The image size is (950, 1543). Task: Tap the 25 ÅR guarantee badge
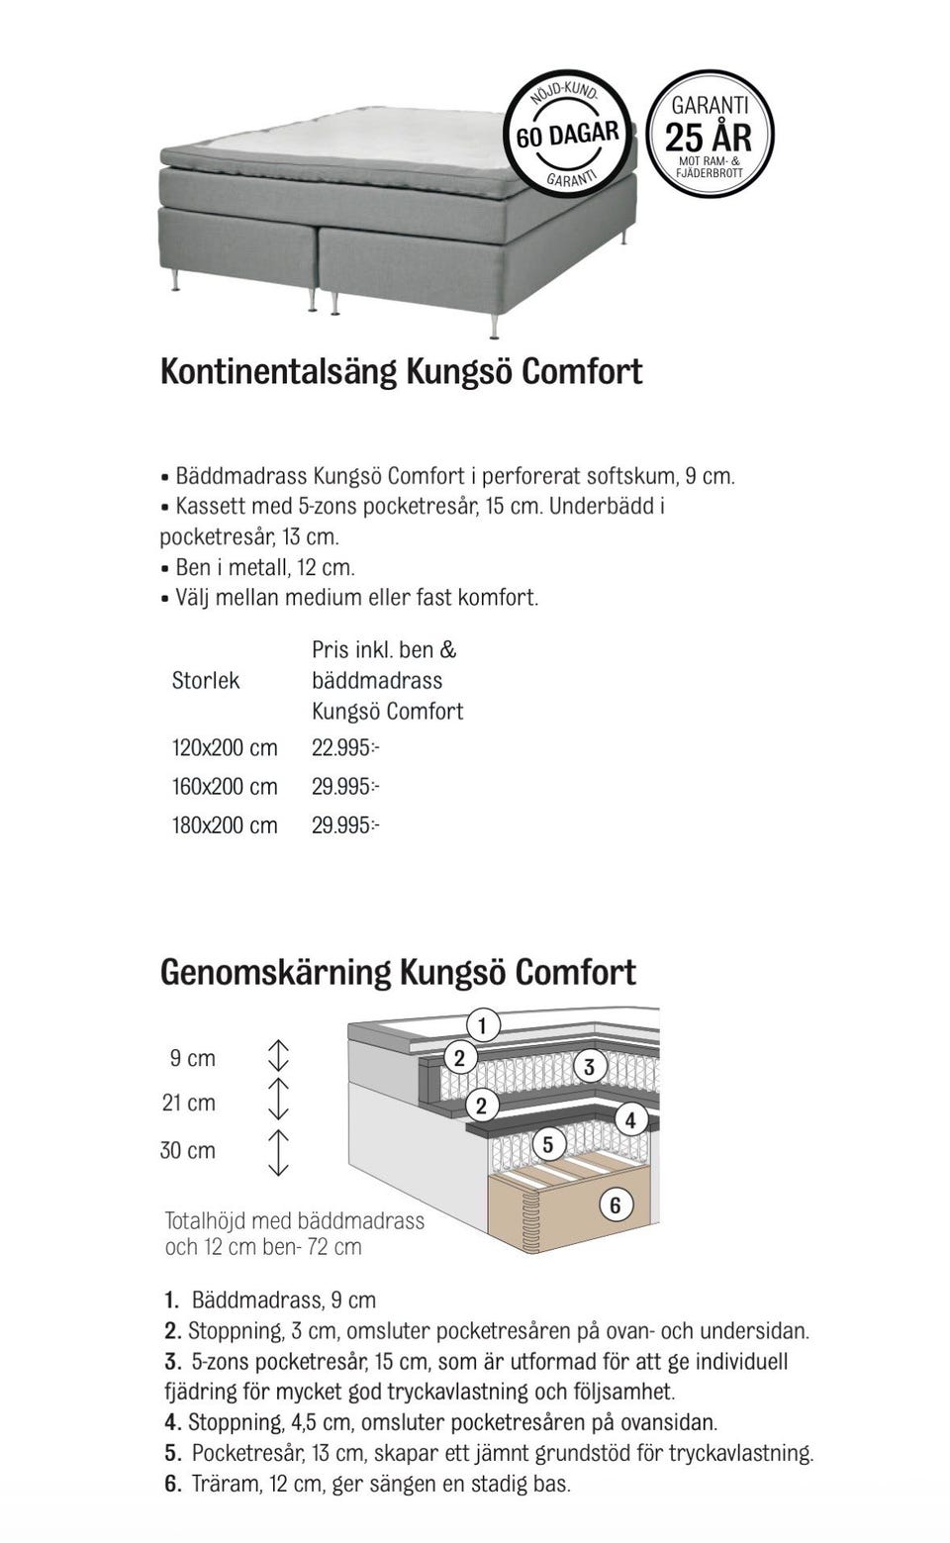(710, 135)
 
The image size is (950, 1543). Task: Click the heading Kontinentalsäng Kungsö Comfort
(401, 371)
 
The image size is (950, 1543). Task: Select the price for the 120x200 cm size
(345, 748)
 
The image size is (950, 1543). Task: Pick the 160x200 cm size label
(225, 787)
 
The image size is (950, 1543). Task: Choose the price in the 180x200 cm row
(345, 825)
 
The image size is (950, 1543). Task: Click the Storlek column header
(206, 681)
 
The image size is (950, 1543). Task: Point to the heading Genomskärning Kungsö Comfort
(398, 972)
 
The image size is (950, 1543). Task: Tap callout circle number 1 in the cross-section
(482, 1025)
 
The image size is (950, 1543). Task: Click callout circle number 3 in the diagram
(590, 1066)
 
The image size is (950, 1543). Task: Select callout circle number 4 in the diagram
(630, 1120)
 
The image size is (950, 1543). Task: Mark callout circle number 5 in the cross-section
(548, 1145)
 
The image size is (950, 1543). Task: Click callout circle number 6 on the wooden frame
(616, 1205)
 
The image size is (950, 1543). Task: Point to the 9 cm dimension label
(193, 1058)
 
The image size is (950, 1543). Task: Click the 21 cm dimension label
(189, 1103)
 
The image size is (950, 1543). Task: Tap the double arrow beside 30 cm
(279, 1151)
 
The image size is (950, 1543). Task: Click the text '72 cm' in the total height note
(334, 1247)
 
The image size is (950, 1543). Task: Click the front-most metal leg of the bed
(494, 322)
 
